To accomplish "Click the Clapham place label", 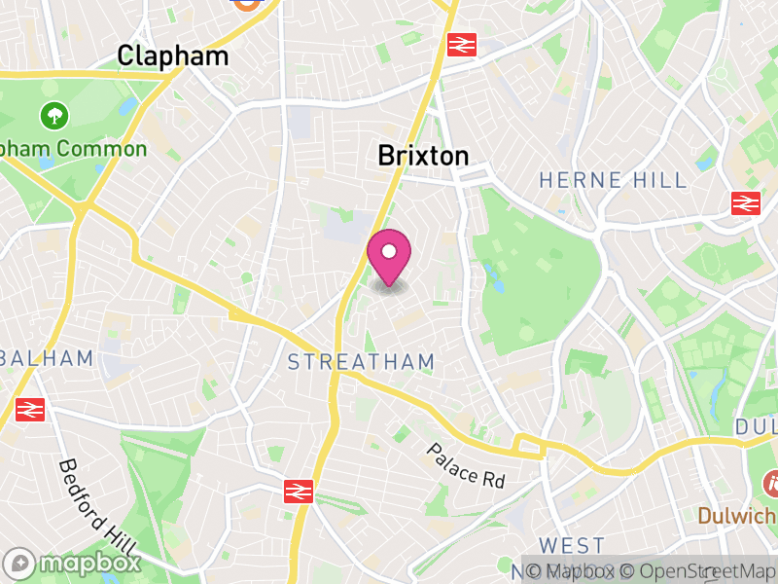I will pos(173,55).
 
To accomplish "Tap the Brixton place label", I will pos(423,156).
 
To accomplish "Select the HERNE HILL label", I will pos(613,180).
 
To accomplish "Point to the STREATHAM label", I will pos(361,362).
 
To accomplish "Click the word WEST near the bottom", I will pos(573,545).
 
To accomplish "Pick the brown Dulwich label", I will pos(737,515).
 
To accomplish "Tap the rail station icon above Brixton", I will pos(460,45).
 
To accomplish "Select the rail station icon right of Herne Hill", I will pos(746,203).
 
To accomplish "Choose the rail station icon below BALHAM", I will pos(30,410).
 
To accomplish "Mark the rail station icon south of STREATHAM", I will pos(299,492).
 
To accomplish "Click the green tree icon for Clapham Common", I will pos(54,116).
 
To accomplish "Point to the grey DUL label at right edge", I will pos(756,426).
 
